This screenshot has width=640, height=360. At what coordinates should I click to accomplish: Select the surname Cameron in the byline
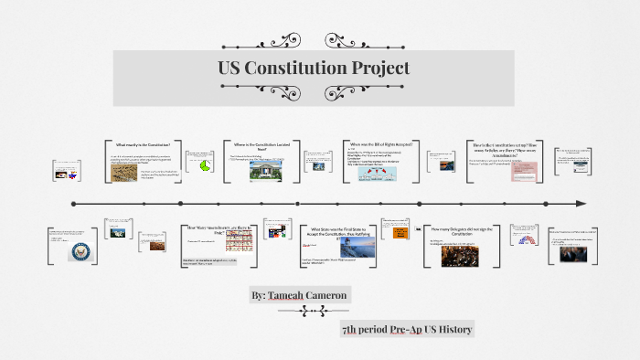tap(324, 297)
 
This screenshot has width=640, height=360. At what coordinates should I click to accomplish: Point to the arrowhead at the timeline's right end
tap(580, 203)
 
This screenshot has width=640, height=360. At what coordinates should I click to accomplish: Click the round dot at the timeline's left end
tap(72, 203)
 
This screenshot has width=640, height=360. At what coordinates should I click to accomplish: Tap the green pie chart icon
tap(206, 164)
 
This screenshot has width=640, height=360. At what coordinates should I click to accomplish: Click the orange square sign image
tap(400, 233)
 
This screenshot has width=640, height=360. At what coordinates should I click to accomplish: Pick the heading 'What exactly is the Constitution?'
tap(143, 145)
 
